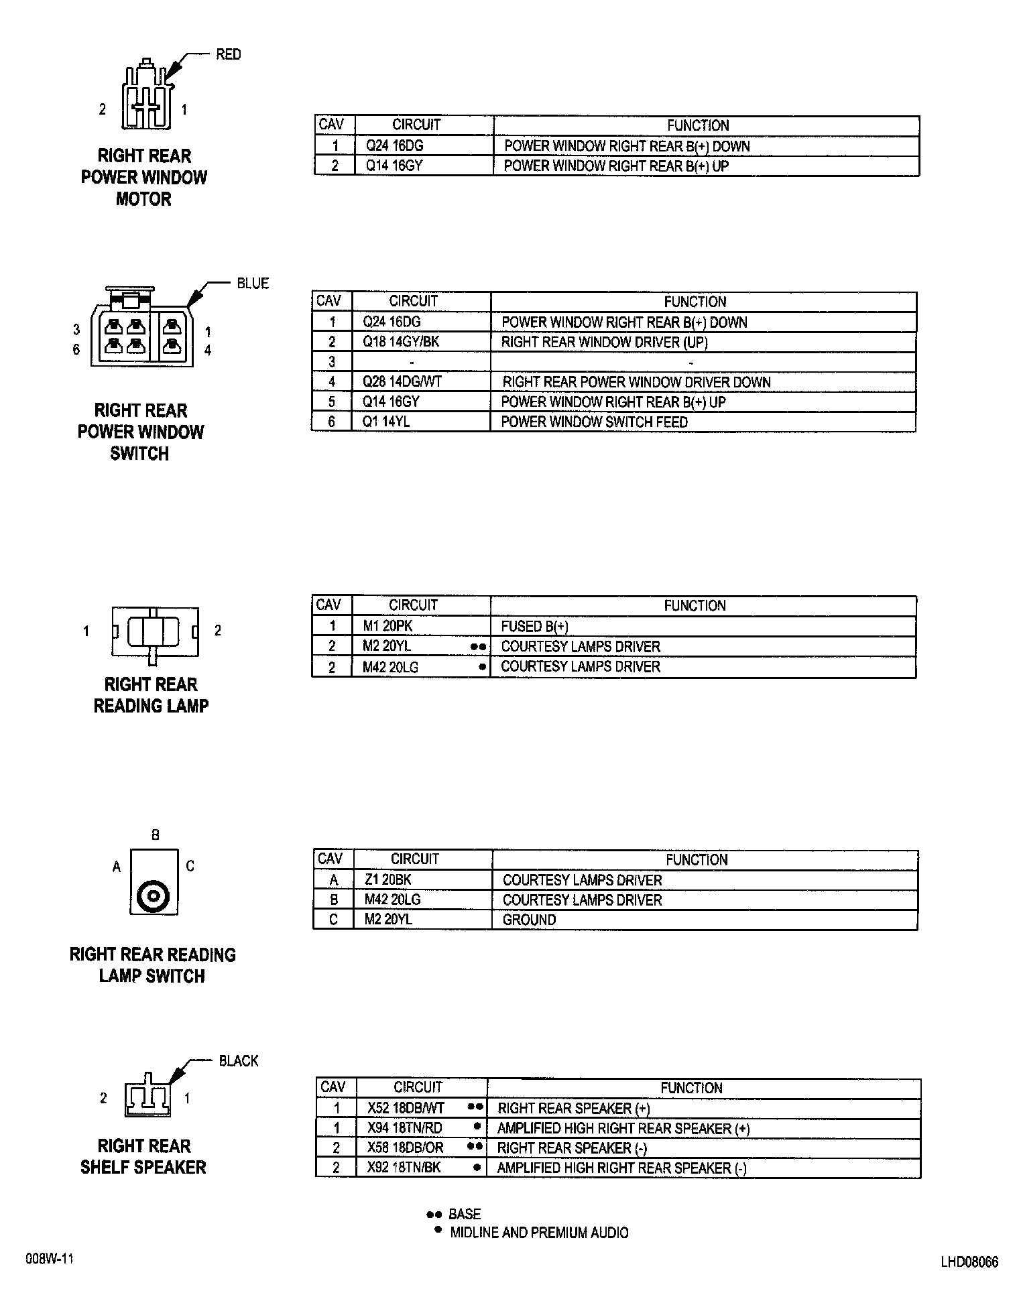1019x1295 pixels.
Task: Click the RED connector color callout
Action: (228, 54)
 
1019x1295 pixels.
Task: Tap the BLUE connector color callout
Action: (253, 284)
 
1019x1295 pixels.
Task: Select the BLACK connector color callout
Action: (239, 1061)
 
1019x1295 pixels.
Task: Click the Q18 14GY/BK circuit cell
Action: (401, 342)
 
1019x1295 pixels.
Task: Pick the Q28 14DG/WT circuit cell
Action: (402, 382)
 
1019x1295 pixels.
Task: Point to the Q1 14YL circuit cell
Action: (386, 422)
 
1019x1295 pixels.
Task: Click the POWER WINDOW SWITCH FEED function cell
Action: (595, 422)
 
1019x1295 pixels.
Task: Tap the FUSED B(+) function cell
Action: (534, 627)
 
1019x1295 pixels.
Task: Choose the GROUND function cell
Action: (529, 920)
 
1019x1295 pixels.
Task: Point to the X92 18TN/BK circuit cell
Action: (404, 1168)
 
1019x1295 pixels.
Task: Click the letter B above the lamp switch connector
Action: (156, 835)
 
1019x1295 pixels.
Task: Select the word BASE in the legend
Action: (465, 1214)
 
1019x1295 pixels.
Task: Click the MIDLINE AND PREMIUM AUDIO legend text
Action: (539, 1232)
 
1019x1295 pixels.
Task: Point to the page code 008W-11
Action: (49, 1259)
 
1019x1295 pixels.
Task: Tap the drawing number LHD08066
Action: (969, 1262)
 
